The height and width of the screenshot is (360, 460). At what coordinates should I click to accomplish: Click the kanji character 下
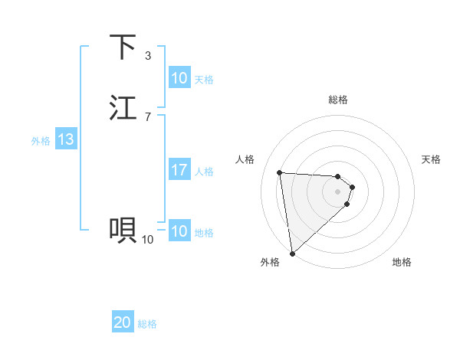[123, 47]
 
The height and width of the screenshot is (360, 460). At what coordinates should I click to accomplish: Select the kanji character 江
[123, 108]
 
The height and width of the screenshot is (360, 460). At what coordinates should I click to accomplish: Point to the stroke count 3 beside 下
[148, 56]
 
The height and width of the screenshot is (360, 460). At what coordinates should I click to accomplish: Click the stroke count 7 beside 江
[148, 117]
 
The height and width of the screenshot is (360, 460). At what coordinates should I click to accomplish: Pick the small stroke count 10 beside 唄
[147, 240]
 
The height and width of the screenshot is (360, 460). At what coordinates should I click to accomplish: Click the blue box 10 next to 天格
[179, 78]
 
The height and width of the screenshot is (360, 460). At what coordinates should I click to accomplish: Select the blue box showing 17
[179, 170]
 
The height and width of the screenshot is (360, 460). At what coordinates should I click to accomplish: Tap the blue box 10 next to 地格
[179, 231]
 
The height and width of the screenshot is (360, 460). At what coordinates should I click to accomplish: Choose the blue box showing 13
[66, 139]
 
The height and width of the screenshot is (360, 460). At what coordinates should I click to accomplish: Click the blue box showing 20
[123, 322]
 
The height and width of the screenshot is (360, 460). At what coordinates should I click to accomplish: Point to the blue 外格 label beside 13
[41, 141]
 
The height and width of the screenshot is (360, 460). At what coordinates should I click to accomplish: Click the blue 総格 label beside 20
[147, 324]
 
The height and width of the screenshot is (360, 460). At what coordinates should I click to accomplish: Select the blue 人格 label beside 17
[205, 172]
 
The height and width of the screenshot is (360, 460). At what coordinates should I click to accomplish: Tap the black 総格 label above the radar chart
[337, 100]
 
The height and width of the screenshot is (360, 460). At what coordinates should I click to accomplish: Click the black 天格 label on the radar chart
[431, 159]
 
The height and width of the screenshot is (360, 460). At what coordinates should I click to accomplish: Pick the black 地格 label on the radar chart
[402, 262]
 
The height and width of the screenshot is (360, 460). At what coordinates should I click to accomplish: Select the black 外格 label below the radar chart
[270, 262]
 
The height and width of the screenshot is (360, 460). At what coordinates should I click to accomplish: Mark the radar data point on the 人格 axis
[279, 172]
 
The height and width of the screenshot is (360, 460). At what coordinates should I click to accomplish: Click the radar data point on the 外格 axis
[292, 253]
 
